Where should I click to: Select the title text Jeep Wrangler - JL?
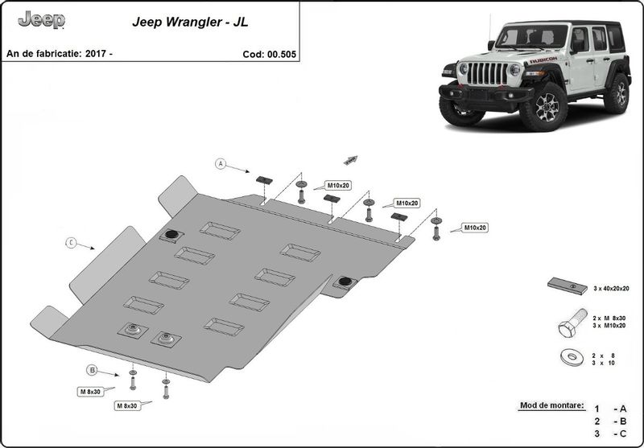click(x=190, y=23)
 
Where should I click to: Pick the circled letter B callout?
click(x=93, y=370)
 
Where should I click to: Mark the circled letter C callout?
click(x=71, y=242)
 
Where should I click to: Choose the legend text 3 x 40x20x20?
click(x=612, y=287)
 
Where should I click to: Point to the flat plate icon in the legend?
click(x=568, y=286)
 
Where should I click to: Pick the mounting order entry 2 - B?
click(x=609, y=421)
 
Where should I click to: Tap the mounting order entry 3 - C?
click(x=609, y=435)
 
